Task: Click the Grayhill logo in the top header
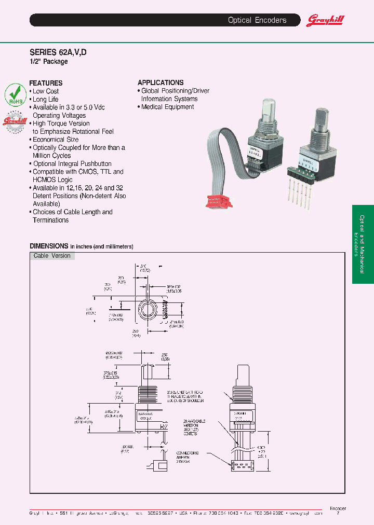(325, 21)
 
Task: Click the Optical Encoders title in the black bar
(257, 20)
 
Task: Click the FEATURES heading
(46, 83)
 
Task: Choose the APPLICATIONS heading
(161, 82)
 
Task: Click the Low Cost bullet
(46, 91)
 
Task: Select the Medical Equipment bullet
(167, 107)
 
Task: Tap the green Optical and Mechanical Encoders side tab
(363, 244)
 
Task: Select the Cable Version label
(52, 256)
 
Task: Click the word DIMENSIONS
(49, 246)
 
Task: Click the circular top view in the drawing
(147, 311)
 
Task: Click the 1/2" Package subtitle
(48, 62)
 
